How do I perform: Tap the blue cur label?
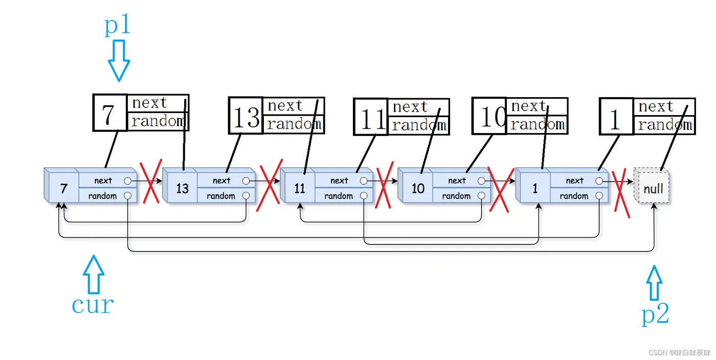pyautogui.click(x=93, y=305)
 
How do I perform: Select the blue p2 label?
pyautogui.click(x=655, y=315)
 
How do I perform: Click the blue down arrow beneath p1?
pyautogui.click(x=119, y=60)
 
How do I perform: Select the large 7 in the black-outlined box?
pyautogui.click(x=109, y=114)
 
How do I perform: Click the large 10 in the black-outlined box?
pyautogui.click(x=493, y=117)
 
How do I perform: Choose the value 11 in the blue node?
pyautogui.click(x=300, y=188)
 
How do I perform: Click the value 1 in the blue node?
pyautogui.click(x=535, y=188)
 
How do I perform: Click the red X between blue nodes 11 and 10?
pyautogui.click(x=384, y=185)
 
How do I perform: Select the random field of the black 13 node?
pyautogui.click(x=294, y=124)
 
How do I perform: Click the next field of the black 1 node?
pyautogui.click(x=664, y=107)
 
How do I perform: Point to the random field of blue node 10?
pyautogui.click(x=457, y=196)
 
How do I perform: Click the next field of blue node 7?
pyautogui.click(x=103, y=181)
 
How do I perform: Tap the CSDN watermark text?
pyautogui.click(x=679, y=353)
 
